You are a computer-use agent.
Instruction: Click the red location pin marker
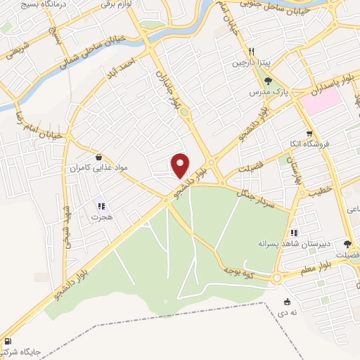coord(181,165)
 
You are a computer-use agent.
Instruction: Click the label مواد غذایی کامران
coord(100,169)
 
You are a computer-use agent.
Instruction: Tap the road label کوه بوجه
coord(238,268)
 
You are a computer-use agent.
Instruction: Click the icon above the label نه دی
coord(285,301)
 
